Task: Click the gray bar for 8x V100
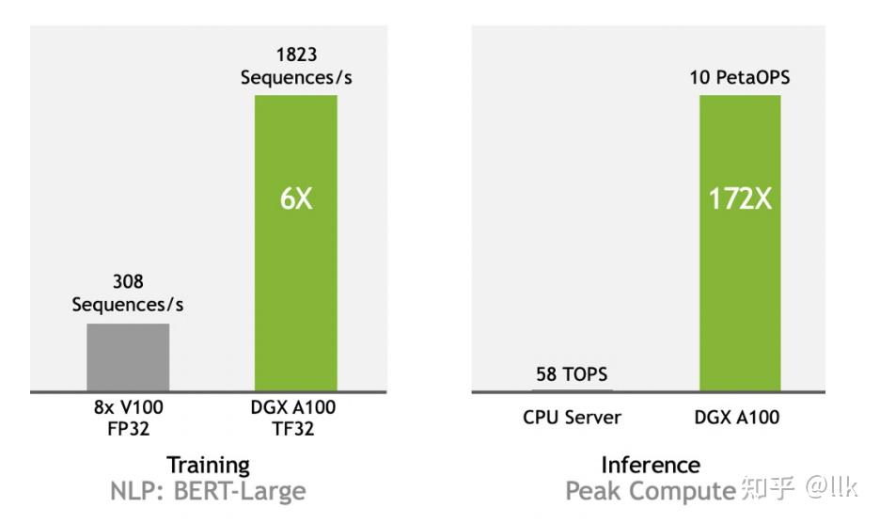pyautogui.click(x=128, y=357)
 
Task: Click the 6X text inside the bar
pyautogui.click(x=296, y=200)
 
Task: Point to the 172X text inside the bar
pyautogui.click(x=740, y=200)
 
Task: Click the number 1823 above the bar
pyautogui.click(x=296, y=55)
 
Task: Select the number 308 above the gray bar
pyautogui.click(x=128, y=281)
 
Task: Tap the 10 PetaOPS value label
pyautogui.click(x=740, y=77)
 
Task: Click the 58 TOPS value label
pyautogui.click(x=572, y=374)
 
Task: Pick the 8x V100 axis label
pyautogui.click(x=128, y=408)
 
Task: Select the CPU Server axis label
pyautogui.click(x=572, y=417)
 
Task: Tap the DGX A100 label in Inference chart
pyautogui.click(x=740, y=417)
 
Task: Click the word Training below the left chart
pyautogui.click(x=209, y=465)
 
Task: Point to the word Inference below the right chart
pyautogui.click(x=651, y=465)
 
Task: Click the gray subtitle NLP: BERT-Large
pyautogui.click(x=209, y=490)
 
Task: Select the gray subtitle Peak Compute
pyautogui.click(x=650, y=490)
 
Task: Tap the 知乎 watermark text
pyautogui.click(x=768, y=488)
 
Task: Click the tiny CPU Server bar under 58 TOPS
pyautogui.click(x=572, y=389)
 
